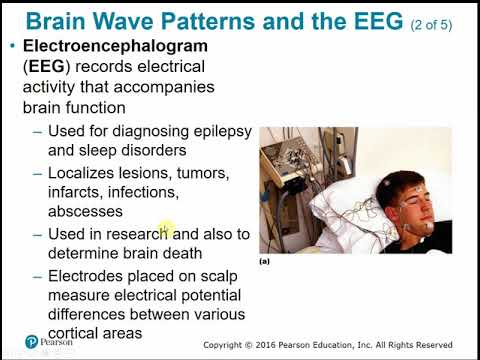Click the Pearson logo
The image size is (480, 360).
[x=31, y=341]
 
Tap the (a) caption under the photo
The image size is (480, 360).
[x=265, y=261]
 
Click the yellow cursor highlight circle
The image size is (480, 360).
[x=166, y=231]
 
